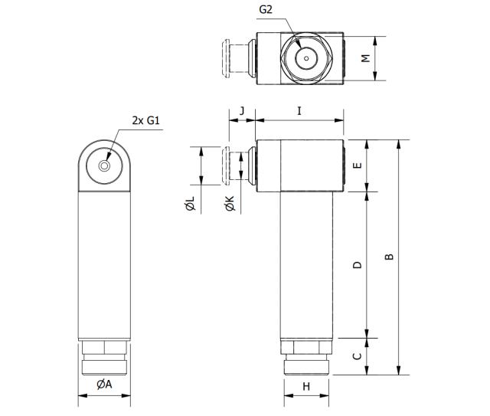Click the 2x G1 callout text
pos(145,121)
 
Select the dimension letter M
pos(366,58)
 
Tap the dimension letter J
pos(242,111)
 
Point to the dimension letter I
pos(299,111)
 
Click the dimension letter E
pos(357,165)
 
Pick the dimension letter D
pos(357,264)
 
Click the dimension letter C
pos(357,356)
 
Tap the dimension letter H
pos(305,387)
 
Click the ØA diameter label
pos(104,385)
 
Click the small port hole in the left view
pos(106,165)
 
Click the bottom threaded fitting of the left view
pos(106,359)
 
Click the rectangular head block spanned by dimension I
pos(299,165)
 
